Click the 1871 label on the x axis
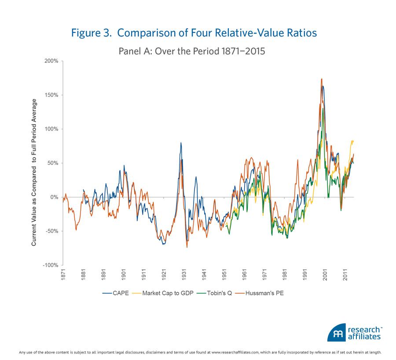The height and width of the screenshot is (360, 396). [x=63, y=276]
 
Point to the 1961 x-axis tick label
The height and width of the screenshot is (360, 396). [x=244, y=276]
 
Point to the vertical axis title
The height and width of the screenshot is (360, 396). [x=34, y=172]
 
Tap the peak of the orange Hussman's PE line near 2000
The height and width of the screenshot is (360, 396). [x=322, y=79]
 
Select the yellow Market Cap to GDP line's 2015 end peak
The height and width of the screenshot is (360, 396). [x=352, y=141]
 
